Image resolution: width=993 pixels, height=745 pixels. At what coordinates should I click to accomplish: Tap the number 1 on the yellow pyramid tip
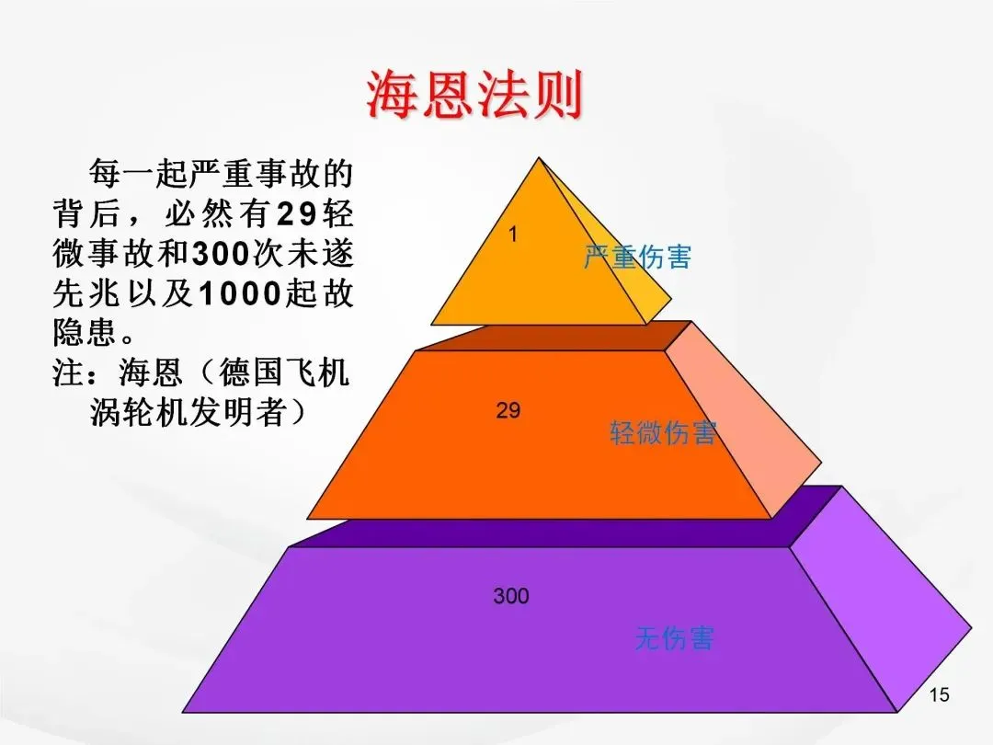pos(513,235)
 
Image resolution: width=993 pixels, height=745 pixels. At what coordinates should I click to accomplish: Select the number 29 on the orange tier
pos(508,411)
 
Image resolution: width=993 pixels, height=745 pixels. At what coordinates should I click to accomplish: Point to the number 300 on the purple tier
pos(510,596)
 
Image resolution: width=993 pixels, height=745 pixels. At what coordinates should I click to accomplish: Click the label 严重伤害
pos(637,257)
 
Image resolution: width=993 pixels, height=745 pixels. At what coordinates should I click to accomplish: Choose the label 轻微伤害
pos(663,432)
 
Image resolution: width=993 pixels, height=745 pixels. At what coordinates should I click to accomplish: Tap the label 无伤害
pos(674,638)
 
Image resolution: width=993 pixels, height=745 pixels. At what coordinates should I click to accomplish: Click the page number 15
pos(939,695)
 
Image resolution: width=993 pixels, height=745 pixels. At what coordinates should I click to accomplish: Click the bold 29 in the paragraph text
pos(297,213)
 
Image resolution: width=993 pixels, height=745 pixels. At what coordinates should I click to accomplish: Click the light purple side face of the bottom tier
pos(873,598)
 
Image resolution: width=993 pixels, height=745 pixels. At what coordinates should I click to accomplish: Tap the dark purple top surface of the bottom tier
pos(552,532)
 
